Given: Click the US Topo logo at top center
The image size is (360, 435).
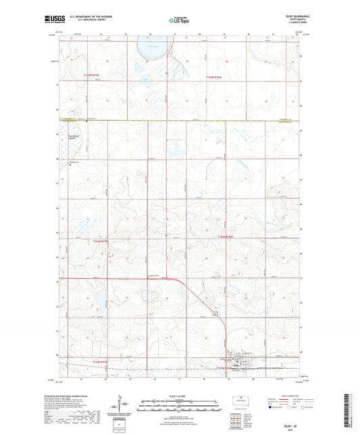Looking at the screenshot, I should pos(179,21).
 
